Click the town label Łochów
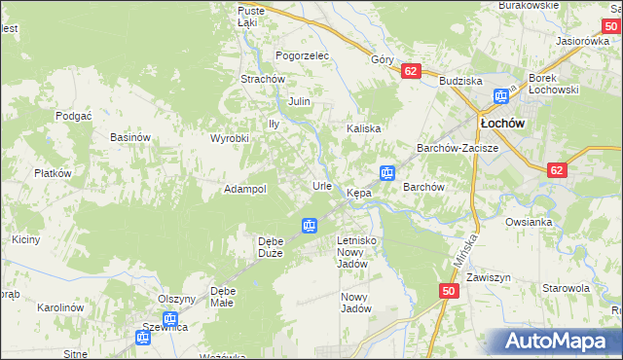coord(502,124)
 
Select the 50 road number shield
coord(448,291)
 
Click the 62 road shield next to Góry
coord(410,71)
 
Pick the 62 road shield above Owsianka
coord(556,169)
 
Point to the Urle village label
coord(322,185)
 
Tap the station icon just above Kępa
coord(387,173)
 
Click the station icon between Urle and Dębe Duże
coord(309,226)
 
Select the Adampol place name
coord(245,189)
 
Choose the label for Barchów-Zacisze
coord(458,148)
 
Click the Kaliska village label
coord(364,128)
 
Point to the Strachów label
coord(262,79)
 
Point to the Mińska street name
coord(467,250)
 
